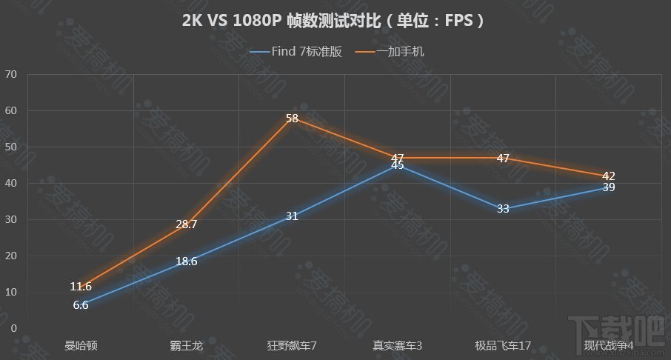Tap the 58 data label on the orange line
coord(292,119)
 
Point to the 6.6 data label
coord(81,304)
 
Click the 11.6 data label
coord(81,287)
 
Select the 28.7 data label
coord(187,224)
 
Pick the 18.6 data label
coord(187,261)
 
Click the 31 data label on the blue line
coord(292,216)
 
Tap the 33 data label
coord(503,209)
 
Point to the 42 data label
coord(608,176)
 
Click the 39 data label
coord(608,187)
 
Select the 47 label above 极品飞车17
coord(503,158)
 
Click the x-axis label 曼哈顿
coord(81,345)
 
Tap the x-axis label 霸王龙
coord(187,345)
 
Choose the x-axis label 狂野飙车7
coord(292,345)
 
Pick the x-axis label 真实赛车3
coord(398,345)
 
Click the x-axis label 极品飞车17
coord(503,345)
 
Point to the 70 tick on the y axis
coord(10,74)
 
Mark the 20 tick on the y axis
coord(10,256)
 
